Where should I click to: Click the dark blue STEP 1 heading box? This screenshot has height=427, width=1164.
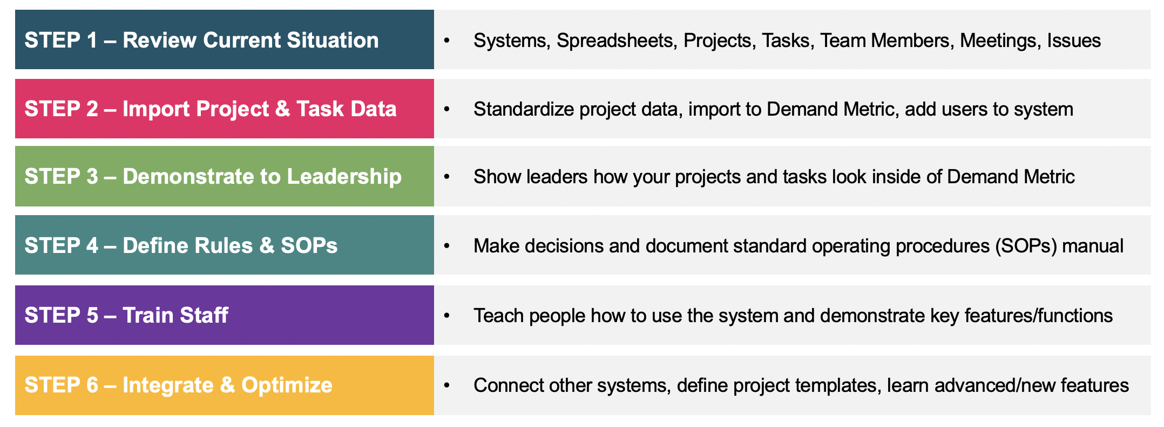point(225,39)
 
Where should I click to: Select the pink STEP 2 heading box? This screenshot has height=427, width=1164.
point(225,109)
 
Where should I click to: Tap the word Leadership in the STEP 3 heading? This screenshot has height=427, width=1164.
point(344,177)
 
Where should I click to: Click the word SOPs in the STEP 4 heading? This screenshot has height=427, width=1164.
point(309,246)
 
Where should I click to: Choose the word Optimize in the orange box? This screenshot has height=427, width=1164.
point(287,385)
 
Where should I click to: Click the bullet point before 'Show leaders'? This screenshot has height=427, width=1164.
point(446,177)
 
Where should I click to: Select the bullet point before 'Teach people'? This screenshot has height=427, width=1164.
point(446,316)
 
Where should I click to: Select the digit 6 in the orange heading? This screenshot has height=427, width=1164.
point(92,385)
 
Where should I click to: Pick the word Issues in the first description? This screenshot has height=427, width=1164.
point(1074,41)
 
